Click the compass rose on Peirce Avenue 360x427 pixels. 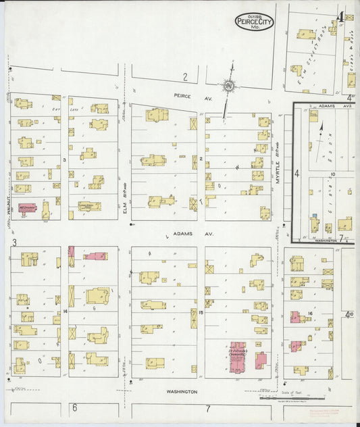(x=230, y=86)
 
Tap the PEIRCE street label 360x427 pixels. (x=182, y=96)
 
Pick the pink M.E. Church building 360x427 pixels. (x=27, y=208)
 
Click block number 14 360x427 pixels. (x=66, y=311)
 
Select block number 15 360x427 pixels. (x=201, y=311)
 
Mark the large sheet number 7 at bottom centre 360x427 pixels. (x=208, y=409)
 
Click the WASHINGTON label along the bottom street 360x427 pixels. (x=182, y=391)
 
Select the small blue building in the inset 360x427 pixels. (x=315, y=222)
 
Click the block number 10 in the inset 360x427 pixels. (x=333, y=174)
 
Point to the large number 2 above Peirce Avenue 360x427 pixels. (x=184, y=77)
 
